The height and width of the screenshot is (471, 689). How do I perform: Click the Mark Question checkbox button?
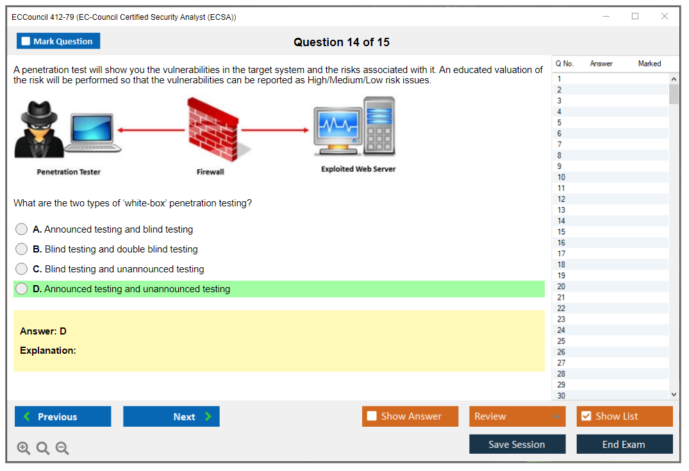(x=58, y=41)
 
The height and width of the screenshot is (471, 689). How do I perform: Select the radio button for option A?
(x=22, y=229)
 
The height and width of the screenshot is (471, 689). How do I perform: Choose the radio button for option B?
(x=22, y=249)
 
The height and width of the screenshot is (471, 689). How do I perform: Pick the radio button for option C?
(x=22, y=269)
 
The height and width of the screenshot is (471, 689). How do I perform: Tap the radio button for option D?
(x=22, y=288)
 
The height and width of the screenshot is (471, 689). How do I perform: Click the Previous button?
(x=63, y=417)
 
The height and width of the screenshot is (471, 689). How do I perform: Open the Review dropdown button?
(x=517, y=417)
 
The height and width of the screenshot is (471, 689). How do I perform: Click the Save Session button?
(x=517, y=444)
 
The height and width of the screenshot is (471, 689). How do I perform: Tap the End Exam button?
(x=624, y=444)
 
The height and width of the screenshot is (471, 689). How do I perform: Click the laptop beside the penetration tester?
(x=92, y=133)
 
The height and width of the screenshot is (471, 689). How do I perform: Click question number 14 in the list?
(x=561, y=220)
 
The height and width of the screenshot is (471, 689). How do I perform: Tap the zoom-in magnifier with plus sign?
(x=23, y=448)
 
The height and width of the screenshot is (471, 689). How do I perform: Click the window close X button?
(x=665, y=16)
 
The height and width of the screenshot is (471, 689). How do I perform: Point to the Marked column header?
(x=649, y=63)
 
